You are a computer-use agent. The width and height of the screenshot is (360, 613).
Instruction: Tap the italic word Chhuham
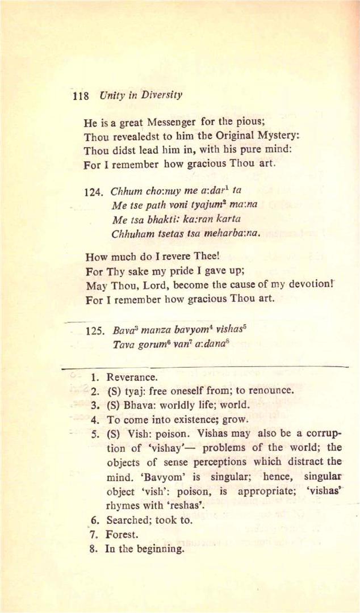132,233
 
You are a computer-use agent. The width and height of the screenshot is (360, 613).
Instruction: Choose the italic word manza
156,330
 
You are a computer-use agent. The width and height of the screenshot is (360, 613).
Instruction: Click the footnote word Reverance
132,377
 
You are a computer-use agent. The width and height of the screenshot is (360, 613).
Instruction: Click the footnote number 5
95,434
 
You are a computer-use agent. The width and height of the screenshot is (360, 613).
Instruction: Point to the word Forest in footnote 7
122,535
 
